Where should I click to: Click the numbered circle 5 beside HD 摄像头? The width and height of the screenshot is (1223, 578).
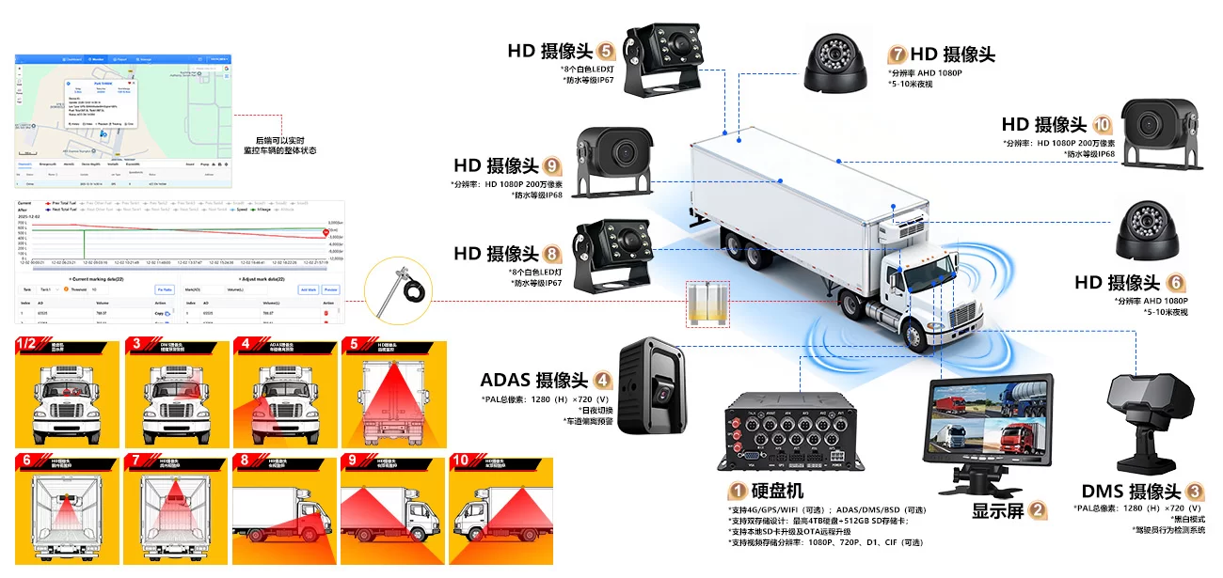(606, 51)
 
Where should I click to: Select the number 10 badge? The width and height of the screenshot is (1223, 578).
(1103, 125)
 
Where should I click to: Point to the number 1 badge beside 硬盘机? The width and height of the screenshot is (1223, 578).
(738, 491)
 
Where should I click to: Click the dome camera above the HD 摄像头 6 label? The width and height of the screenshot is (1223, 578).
(1149, 231)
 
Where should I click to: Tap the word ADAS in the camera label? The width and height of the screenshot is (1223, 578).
(506, 381)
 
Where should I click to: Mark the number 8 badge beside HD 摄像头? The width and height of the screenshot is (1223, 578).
(552, 253)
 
